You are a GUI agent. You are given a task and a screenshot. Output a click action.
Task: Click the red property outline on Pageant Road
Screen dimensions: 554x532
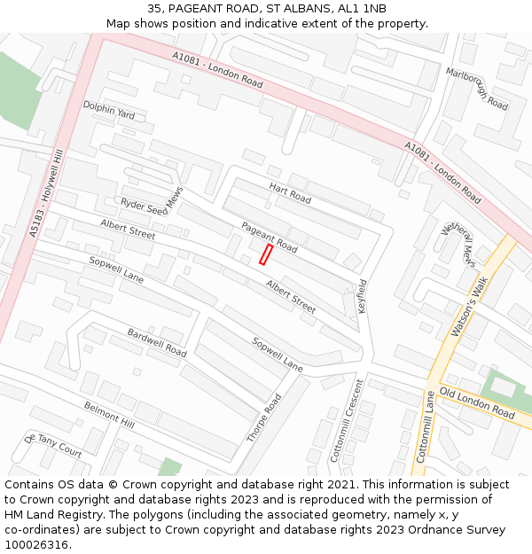click(265, 255)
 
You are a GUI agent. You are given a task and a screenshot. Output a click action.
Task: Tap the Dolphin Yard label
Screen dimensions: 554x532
click(109, 110)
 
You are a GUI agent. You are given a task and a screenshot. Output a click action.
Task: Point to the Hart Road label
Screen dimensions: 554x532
click(290, 193)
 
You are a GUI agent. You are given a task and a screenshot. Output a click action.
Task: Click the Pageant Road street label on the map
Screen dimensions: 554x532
click(269, 238)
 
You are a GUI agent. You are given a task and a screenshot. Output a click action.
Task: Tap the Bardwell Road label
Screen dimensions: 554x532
click(157, 342)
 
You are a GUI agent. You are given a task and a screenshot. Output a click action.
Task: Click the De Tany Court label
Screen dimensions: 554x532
click(53, 446)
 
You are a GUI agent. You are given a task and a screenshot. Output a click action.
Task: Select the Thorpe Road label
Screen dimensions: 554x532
click(264, 418)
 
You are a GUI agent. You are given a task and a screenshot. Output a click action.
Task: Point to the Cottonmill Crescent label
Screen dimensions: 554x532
click(347, 420)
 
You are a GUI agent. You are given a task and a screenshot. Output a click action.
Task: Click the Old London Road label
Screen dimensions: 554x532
click(477, 404)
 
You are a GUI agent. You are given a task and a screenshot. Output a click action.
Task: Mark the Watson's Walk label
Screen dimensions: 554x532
click(470, 306)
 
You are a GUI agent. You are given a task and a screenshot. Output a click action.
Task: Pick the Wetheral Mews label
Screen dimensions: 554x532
click(457, 243)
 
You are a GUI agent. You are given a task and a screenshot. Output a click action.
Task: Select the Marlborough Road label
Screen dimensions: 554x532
click(477, 89)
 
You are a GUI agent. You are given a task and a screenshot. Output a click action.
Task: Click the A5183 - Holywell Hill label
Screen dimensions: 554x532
click(47, 192)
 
